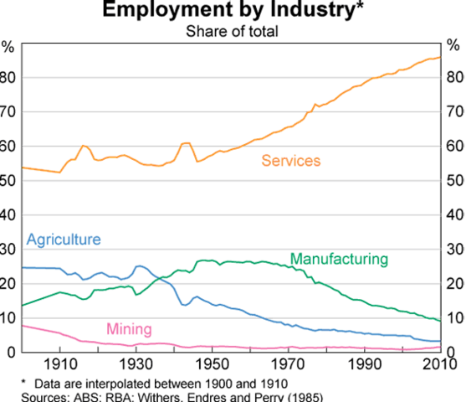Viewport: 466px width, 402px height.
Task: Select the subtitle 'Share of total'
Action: tap(232, 32)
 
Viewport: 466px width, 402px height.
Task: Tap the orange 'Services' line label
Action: tap(291, 160)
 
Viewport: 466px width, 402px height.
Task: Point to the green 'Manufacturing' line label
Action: tap(339, 259)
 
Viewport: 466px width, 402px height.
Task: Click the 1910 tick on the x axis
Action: tap(59, 364)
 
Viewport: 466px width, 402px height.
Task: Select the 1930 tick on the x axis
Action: tap(136, 364)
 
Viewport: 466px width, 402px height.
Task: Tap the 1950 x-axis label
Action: tap(213, 364)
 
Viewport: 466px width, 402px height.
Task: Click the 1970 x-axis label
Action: tap(289, 364)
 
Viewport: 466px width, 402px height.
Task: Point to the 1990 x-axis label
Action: tap(365, 364)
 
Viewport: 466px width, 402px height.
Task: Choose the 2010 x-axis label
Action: tap(440, 364)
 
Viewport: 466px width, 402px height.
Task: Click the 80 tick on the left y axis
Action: tap(9, 77)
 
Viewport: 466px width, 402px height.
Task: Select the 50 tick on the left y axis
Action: tap(9, 181)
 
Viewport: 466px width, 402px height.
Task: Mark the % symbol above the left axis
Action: tap(8, 46)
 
